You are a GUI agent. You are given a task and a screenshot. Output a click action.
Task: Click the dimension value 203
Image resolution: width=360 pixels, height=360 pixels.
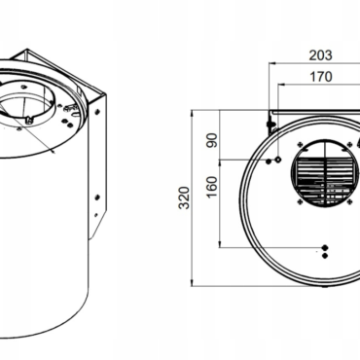point(320,55)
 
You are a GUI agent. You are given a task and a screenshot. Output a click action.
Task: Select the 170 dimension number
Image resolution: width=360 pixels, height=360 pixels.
point(321,77)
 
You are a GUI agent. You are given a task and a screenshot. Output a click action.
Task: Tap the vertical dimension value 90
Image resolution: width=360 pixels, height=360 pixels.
point(212,140)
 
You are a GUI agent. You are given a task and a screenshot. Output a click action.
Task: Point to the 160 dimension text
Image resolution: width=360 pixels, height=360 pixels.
point(212,187)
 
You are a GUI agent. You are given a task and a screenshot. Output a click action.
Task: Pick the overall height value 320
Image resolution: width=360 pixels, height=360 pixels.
point(184,198)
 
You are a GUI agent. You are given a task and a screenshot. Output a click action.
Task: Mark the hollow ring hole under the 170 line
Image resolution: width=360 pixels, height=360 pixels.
point(278,160)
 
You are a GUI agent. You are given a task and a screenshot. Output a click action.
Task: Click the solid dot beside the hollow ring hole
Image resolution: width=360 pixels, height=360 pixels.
point(269,161)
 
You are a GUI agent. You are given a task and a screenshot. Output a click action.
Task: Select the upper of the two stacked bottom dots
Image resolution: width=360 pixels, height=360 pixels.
point(325,248)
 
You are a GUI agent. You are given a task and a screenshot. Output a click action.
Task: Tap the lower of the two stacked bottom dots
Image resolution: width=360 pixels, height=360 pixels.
point(325,256)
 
